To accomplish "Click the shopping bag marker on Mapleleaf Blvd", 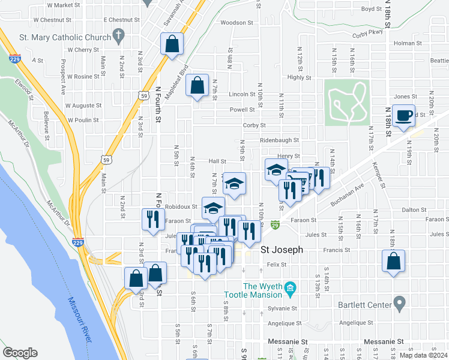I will [172, 44].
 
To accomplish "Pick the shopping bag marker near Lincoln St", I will [197, 86].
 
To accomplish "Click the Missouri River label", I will [80, 320].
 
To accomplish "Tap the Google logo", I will [20, 353].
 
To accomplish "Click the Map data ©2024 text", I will [423, 355].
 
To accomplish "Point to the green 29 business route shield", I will [274, 224].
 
